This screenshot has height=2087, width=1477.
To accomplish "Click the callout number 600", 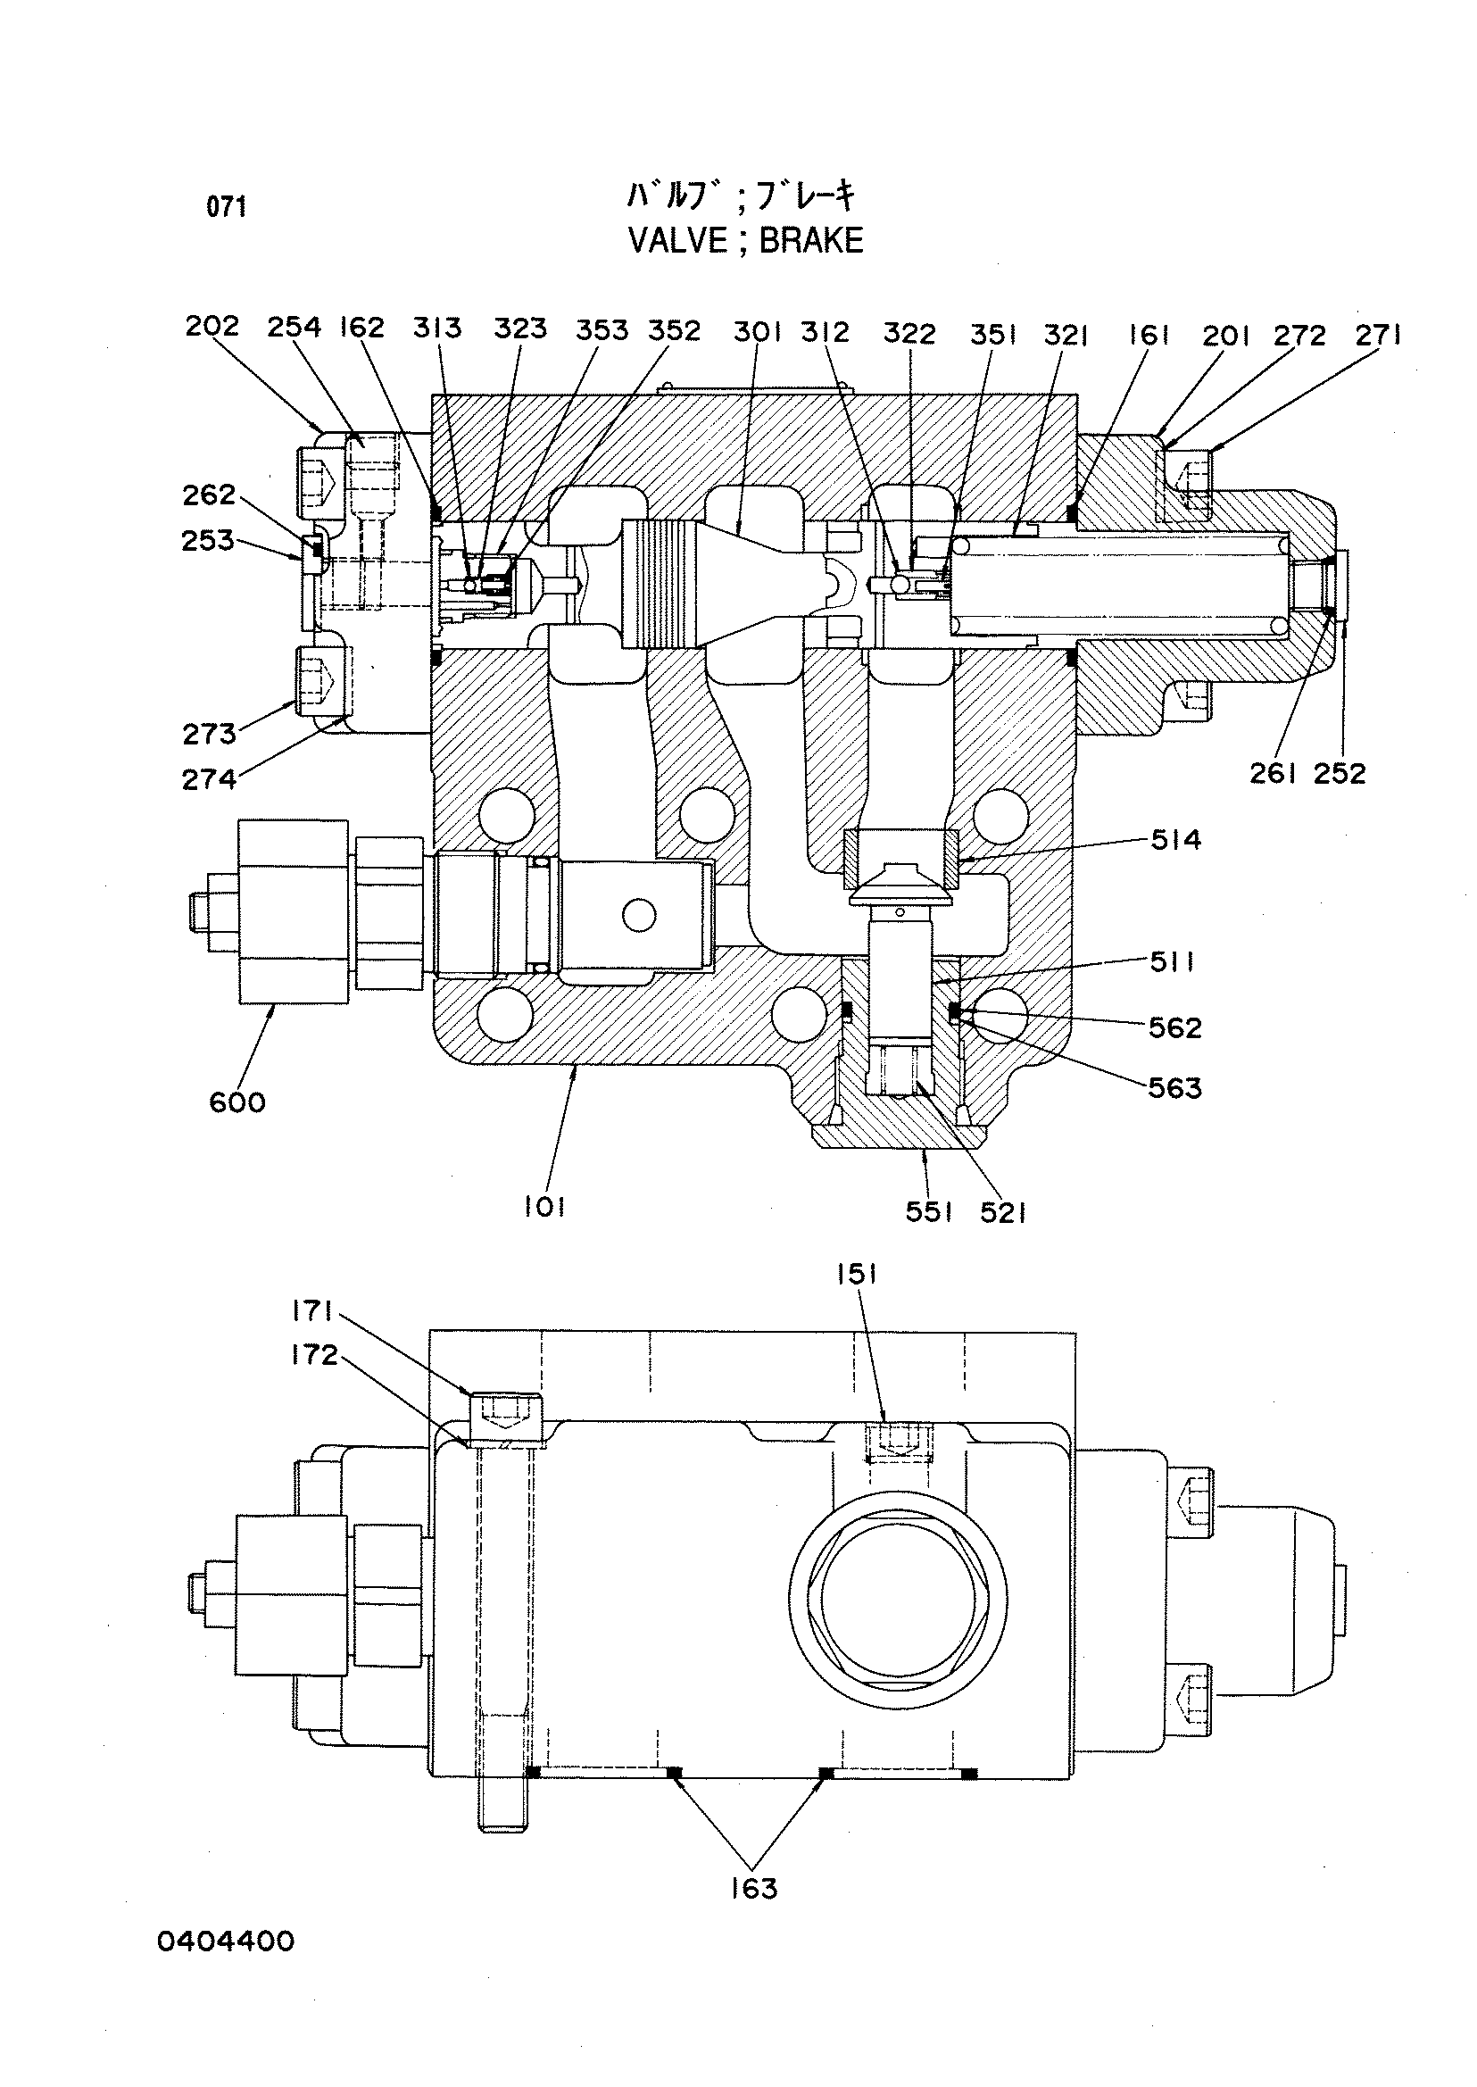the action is (x=237, y=1103).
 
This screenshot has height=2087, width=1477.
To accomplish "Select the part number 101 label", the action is (x=544, y=1207).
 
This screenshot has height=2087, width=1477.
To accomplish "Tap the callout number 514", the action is (x=1176, y=841).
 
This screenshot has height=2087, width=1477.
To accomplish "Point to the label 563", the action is (x=1175, y=1088).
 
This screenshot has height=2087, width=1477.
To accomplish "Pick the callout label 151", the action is (x=857, y=1276).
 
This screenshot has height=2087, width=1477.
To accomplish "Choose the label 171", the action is (x=314, y=1311).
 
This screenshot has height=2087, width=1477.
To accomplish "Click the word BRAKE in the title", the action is (x=810, y=240).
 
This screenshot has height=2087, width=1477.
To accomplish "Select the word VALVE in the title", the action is (x=678, y=240).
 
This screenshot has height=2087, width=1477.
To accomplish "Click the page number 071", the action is (x=227, y=207).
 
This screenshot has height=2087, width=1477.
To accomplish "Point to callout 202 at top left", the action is (x=212, y=326).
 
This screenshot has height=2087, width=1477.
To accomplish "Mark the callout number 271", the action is (x=1379, y=336).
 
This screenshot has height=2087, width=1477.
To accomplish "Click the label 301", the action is (x=758, y=333).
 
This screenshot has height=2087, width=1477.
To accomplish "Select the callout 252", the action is (x=1340, y=774).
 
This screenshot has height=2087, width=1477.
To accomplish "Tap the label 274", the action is (x=209, y=779).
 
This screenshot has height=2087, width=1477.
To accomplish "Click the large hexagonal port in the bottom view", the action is (x=897, y=1601).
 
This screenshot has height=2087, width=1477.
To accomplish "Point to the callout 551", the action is (x=928, y=1213).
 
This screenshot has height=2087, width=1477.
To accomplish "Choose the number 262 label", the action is (x=209, y=495).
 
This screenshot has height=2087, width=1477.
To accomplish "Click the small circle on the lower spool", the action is (x=639, y=915).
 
